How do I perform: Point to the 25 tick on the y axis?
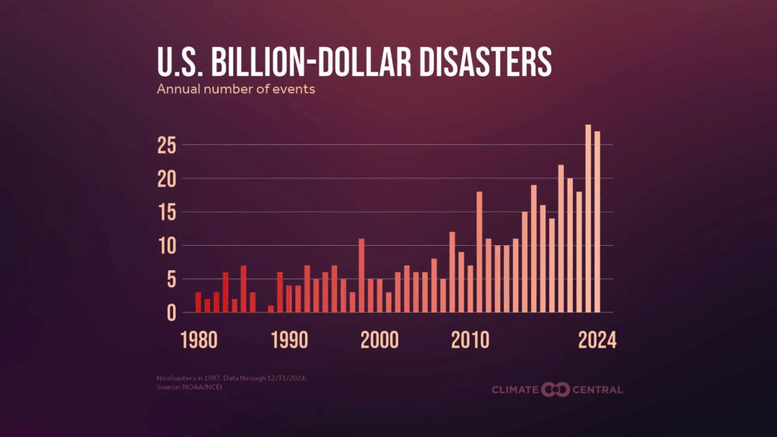[168, 145]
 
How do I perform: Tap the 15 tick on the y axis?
[168, 212]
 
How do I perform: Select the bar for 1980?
[198, 302]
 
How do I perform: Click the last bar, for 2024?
[597, 222]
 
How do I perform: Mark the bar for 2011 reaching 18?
[480, 252]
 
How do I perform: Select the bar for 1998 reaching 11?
[362, 275]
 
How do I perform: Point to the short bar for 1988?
[271, 309]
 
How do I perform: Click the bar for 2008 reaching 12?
[452, 272]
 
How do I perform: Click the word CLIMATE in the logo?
[515, 390]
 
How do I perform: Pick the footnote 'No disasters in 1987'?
[182, 378]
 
